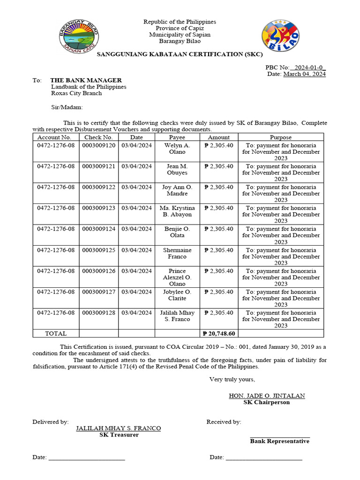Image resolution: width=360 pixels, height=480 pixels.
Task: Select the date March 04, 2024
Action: pyautogui.click(x=304, y=74)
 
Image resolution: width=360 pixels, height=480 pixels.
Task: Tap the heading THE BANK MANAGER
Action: pyautogui.click(x=86, y=80)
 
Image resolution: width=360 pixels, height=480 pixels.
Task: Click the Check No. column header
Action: pyautogui.click(x=98, y=137)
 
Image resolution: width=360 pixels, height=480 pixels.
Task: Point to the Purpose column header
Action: pyautogui.click(x=281, y=137)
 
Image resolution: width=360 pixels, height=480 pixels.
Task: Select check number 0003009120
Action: pyautogui.click(x=98, y=145)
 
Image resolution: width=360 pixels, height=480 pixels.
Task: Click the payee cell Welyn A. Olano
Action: pyautogui.click(x=177, y=149)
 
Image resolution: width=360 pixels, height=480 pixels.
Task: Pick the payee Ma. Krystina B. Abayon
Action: pyautogui.click(x=177, y=211)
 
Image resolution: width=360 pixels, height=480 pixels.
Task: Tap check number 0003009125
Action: pyautogui.click(x=98, y=250)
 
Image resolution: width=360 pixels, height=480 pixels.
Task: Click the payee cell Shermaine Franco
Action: pyautogui.click(x=177, y=254)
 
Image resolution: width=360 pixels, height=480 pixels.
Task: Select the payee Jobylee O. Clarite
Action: pyautogui.click(x=177, y=295)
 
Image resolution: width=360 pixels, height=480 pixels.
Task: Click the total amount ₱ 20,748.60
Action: pyautogui.click(x=219, y=334)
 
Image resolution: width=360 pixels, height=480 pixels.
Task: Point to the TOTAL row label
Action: pyautogui.click(x=56, y=334)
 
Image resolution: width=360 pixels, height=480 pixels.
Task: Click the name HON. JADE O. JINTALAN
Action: pyautogui.click(x=266, y=396)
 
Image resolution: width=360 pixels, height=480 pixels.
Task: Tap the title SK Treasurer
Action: pyautogui.click(x=119, y=435)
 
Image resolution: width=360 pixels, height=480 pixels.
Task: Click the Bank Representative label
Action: pyautogui.click(x=279, y=441)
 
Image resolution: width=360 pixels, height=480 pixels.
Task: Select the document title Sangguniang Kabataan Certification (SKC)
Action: pyautogui.click(x=180, y=55)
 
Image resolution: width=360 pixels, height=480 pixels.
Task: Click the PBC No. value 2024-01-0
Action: pyautogui.click(x=308, y=67)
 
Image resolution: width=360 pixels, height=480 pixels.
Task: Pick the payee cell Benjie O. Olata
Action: pyautogui.click(x=177, y=232)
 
